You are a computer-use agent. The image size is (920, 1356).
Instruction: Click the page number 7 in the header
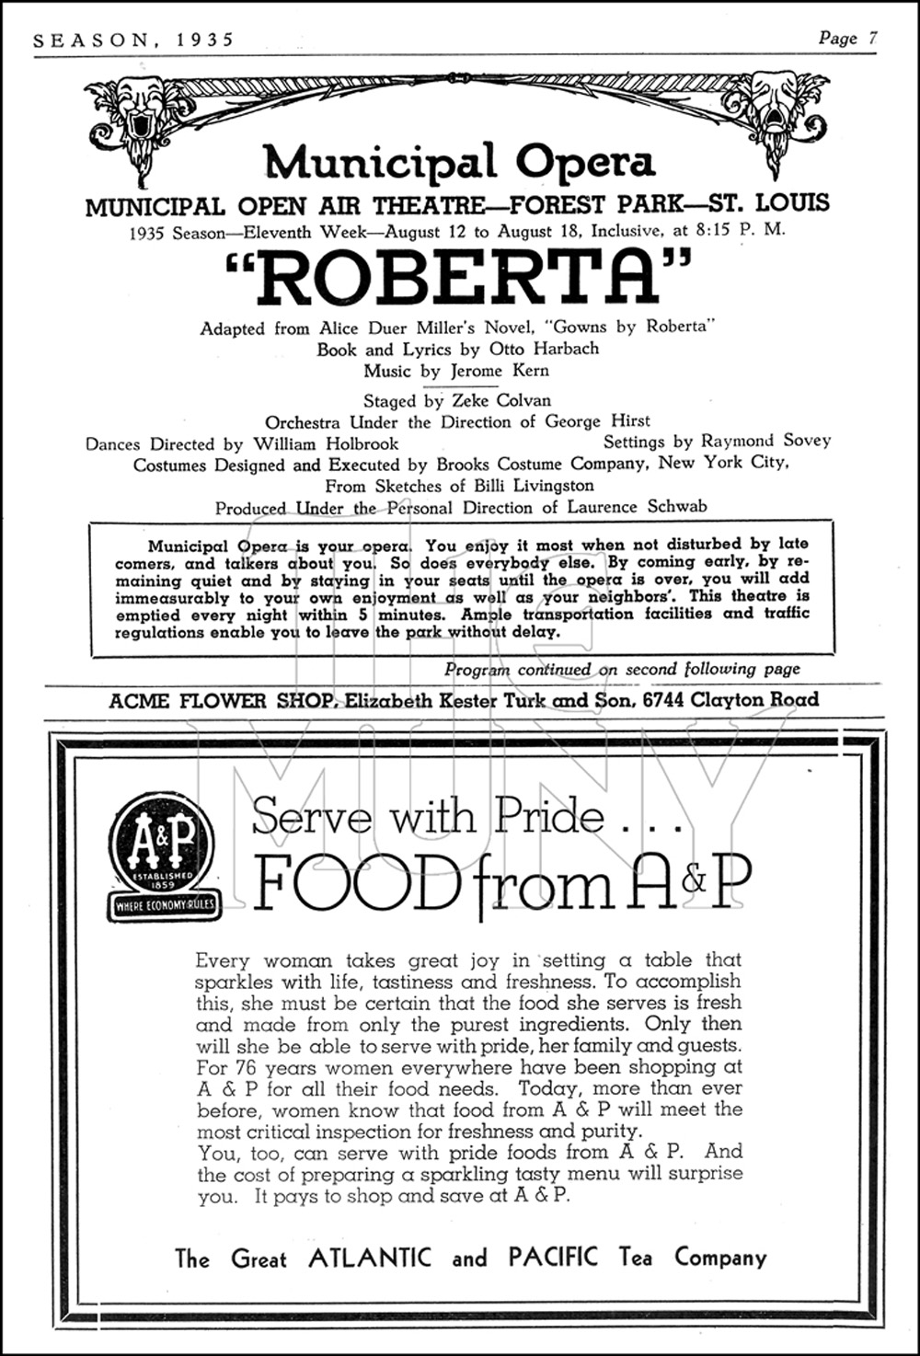[872, 38]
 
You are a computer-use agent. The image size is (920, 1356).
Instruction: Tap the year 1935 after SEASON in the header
[201, 40]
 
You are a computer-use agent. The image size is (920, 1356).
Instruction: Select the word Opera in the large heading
[584, 162]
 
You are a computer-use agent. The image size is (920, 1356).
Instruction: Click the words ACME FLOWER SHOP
[220, 700]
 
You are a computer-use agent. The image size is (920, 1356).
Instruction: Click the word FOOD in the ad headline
[355, 882]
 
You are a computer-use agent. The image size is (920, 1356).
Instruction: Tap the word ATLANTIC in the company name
[370, 1258]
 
